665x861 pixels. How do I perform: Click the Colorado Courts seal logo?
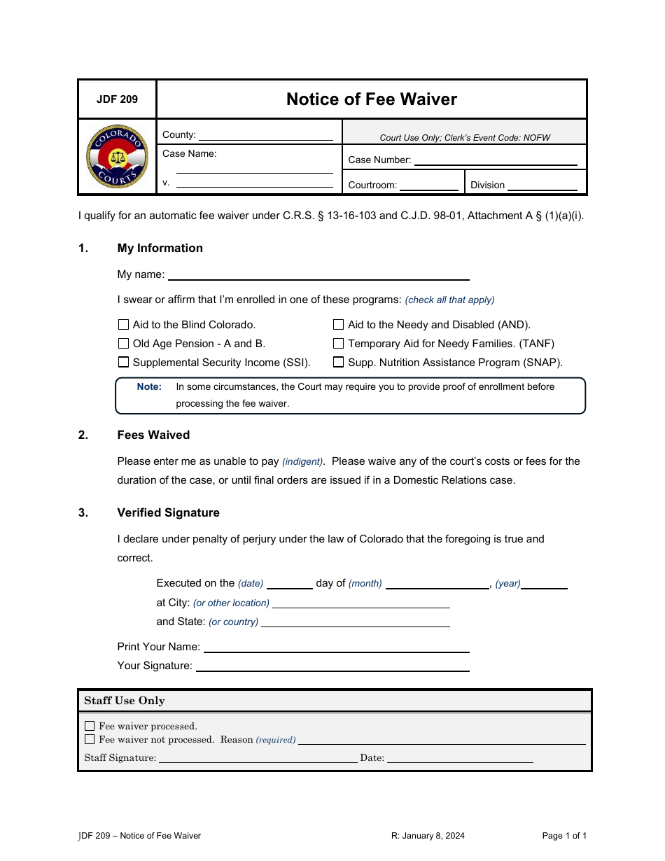click(117, 156)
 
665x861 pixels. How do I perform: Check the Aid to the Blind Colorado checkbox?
click(124, 325)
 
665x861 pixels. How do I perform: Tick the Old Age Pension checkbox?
click(124, 344)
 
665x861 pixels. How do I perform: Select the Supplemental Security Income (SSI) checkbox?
click(124, 363)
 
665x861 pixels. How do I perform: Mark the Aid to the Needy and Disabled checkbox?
click(339, 325)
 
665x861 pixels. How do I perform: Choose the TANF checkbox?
click(339, 344)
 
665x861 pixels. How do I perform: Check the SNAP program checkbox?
click(339, 363)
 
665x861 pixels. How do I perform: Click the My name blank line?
click(318, 275)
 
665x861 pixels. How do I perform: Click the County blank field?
click(265, 136)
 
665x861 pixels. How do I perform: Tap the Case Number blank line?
click(496, 160)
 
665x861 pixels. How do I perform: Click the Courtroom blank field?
click(428, 185)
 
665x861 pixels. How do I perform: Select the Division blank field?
click(542, 185)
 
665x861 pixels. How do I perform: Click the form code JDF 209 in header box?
click(117, 99)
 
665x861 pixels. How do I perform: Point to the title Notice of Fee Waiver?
click(372, 99)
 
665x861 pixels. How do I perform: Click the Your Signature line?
click(332, 666)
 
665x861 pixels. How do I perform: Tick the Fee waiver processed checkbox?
click(90, 726)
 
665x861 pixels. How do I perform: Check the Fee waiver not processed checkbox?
click(90, 739)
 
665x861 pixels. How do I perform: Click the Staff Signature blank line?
click(258, 758)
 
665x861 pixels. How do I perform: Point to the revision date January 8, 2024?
click(428, 836)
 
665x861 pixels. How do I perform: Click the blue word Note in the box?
click(149, 387)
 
